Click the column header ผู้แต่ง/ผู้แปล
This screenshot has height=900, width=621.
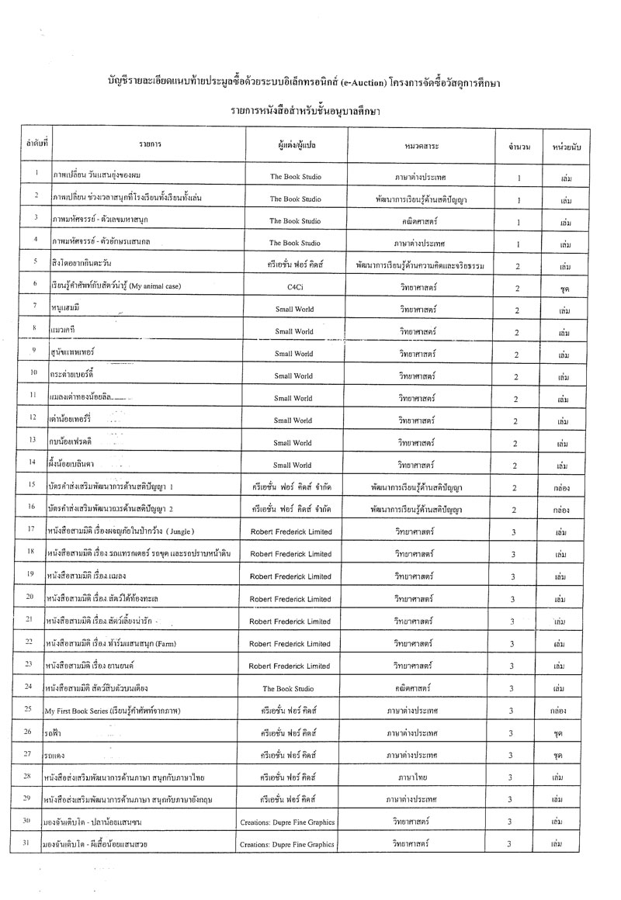coord(293,145)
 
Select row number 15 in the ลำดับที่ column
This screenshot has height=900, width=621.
coord(31,486)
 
